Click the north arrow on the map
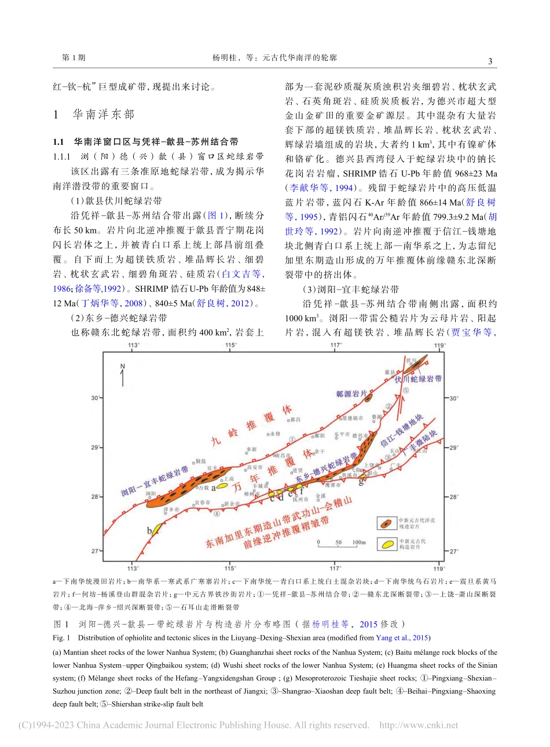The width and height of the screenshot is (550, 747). [123, 375]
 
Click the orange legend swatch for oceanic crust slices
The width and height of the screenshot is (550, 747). [385, 523]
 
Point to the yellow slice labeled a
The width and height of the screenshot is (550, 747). [221, 487]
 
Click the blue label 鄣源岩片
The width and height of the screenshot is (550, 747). [351, 394]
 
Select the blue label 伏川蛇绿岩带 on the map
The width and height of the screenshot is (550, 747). [418, 379]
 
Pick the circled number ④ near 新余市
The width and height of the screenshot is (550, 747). [217, 512]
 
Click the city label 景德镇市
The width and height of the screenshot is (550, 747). [353, 418]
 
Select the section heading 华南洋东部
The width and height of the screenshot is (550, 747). [103, 115]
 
